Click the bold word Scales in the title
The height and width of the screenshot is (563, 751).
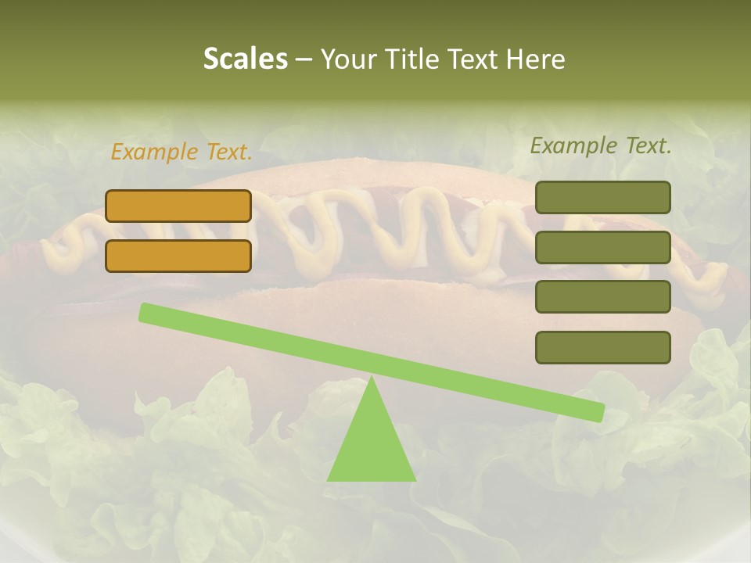[x=245, y=59]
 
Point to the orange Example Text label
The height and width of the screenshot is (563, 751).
[x=181, y=152]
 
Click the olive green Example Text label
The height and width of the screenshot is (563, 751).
[x=601, y=145]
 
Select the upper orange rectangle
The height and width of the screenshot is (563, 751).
[x=178, y=206]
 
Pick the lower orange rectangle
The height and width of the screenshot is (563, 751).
[x=178, y=256]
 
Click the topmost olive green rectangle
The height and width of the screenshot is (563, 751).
[x=603, y=197]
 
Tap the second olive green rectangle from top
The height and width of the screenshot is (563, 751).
[x=603, y=247]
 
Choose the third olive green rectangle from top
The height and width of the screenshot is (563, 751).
[x=603, y=297]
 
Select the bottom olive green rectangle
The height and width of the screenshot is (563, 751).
[x=603, y=347]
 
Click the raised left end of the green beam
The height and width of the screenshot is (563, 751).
[x=146, y=312]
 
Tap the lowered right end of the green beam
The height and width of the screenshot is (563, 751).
[x=598, y=412]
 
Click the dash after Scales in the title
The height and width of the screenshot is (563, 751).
[x=304, y=60]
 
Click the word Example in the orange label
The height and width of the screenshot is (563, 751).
[x=155, y=152]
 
